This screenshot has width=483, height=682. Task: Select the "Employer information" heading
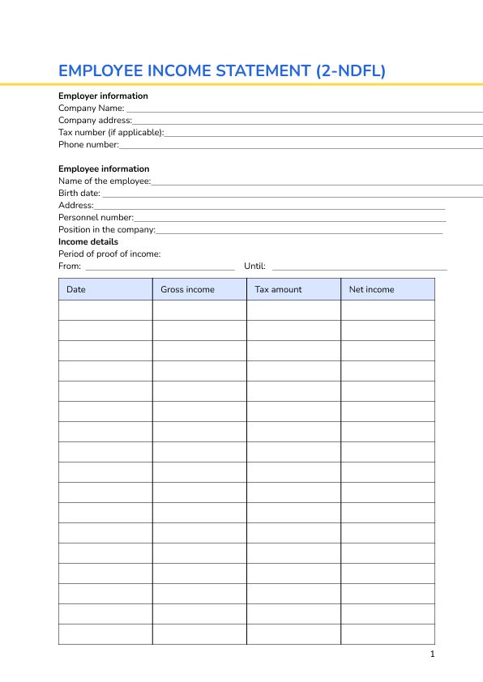[x=103, y=96]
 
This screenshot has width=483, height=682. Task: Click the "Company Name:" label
[x=92, y=109]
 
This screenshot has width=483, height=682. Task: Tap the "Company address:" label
[x=95, y=121]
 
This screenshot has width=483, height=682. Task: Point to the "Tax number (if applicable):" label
[x=111, y=133]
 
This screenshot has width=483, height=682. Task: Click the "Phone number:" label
[x=88, y=145]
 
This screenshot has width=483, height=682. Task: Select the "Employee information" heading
[x=104, y=169]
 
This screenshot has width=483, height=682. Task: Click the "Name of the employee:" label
[x=105, y=181]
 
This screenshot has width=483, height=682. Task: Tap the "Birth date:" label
[x=79, y=194]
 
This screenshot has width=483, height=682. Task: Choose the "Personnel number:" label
[x=96, y=218]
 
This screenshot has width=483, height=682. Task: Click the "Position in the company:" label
[x=107, y=230]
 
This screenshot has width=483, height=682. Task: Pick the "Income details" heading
[x=88, y=242]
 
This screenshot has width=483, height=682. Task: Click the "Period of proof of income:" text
[x=109, y=254]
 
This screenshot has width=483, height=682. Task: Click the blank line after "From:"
[x=160, y=268]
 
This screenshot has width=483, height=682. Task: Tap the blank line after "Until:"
[x=359, y=268]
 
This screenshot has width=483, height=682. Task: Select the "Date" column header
[x=76, y=290]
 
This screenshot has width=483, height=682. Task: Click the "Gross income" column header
[x=187, y=290]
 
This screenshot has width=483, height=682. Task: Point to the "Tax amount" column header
[x=278, y=290]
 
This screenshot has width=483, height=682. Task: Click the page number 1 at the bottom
[x=433, y=654]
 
